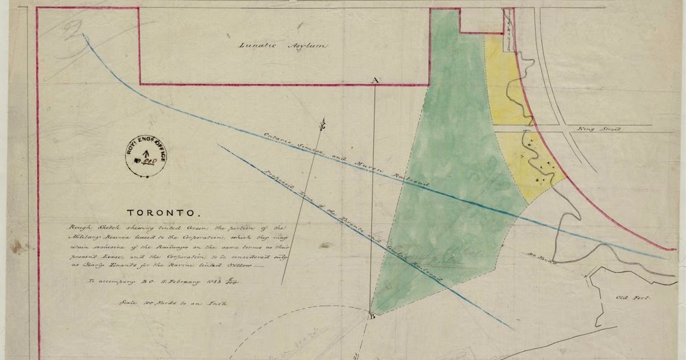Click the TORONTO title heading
(x=168, y=213)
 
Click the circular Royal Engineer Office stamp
(x=147, y=157)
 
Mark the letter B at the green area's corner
(x=371, y=316)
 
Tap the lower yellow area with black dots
(x=535, y=165)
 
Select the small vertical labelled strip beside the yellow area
(x=508, y=31)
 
